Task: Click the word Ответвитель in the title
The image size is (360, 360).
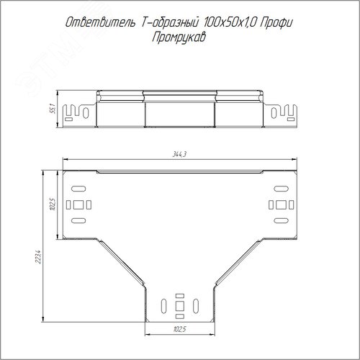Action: pyautogui.click(x=100, y=23)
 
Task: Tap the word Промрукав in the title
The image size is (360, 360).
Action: pyautogui.click(x=179, y=37)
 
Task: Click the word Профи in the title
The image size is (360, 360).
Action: pyautogui.click(x=276, y=23)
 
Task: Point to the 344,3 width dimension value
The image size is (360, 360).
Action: pyautogui.click(x=179, y=154)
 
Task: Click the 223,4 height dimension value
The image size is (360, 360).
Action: pyautogui.click(x=38, y=257)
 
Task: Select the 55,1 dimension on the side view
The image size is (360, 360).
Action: pyautogui.click(x=53, y=109)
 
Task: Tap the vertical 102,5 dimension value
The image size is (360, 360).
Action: pyautogui.click(x=53, y=204)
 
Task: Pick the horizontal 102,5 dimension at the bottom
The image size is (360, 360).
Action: pyautogui.click(x=180, y=329)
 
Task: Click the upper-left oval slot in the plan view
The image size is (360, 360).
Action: pyautogui.click(x=78, y=189)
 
